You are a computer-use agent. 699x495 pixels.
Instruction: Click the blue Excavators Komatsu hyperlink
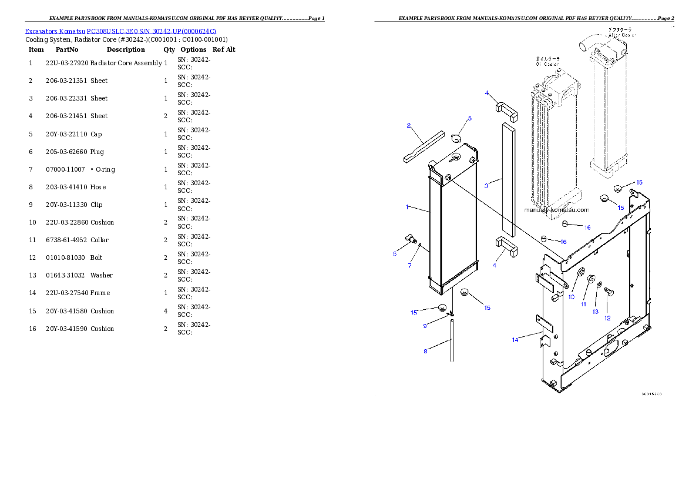click(x=120, y=31)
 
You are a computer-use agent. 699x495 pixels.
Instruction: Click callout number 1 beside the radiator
click(x=407, y=207)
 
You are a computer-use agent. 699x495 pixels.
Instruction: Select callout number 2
click(x=408, y=125)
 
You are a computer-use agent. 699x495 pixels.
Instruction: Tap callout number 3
click(x=486, y=186)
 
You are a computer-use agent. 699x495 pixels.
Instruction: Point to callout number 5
click(x=470, y=119)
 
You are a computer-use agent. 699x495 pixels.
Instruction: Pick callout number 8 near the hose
click(x=425, y=352)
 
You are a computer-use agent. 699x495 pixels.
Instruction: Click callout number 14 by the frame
click(x=515, y=340)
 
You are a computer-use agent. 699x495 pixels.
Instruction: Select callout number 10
click(x=572, y=297)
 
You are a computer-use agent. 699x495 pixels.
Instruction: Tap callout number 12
click(x=607, y=318)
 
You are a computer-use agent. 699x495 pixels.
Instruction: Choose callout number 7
click(x=409, y=266)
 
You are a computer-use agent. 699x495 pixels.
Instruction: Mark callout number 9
click(x=425, y=326)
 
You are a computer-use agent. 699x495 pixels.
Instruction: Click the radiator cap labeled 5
click(x=457, y=138)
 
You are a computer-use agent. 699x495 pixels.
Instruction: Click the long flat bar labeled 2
click(x=423, y=148)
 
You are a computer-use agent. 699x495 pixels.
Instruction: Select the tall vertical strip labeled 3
click(x=508, y=176)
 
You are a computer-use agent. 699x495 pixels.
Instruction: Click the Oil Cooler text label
click(x=547, y=62)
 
